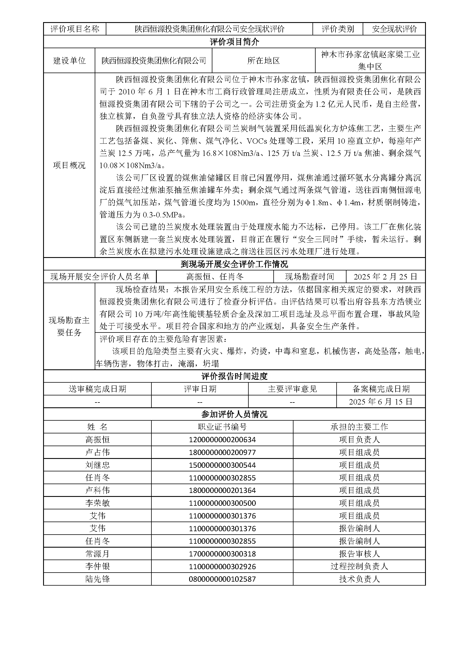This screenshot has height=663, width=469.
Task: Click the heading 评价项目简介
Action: pyautogui.click(x=234, y=42)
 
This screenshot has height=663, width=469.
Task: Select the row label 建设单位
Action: pyautogui.click(x=69, y=60)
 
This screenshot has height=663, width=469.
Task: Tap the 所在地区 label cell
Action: pyautogui.click(x=263, y=60)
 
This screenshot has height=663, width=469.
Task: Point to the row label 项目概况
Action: pyautogui.click(x=69, y=165)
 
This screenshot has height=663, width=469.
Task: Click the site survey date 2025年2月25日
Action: pyautogui.click(x=385, y=277)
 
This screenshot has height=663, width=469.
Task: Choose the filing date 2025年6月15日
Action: pyautogui.click(x=381, y=401)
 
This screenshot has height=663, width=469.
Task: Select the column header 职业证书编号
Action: pyautogui.click(x=222, y=427)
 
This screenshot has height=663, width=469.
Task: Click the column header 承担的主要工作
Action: pyautogui.click(x=359, y=427)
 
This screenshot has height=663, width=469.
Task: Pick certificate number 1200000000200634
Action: pyautogui.click(x=222, y=440)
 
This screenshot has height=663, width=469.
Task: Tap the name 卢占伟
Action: pyautogui.click(x=97, y=452)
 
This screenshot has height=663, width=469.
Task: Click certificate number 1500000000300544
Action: pyautogui.click(x=222, y=465)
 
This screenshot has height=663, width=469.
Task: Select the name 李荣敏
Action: pyautogui.click(x=97, y=503)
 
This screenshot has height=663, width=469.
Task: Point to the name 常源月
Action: pyautogui.click(x=97, y=554)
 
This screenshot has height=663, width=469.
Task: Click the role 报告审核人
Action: pyautogui.click(x=359, y=554)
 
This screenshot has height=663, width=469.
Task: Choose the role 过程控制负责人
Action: pyautogui.click(x=359, y=566)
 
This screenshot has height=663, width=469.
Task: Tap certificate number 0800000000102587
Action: pyautogui.click(x=222, y=579)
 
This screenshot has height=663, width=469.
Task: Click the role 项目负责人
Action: pyautogui.click(x=359, y=440)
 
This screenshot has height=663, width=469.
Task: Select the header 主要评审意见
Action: pyautogui.click(x=292, y=389)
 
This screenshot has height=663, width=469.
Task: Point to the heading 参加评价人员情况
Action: pyautogui.click(x=234, y=414)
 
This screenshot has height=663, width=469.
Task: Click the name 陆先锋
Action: pyautogui.click(x=97, y=579)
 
